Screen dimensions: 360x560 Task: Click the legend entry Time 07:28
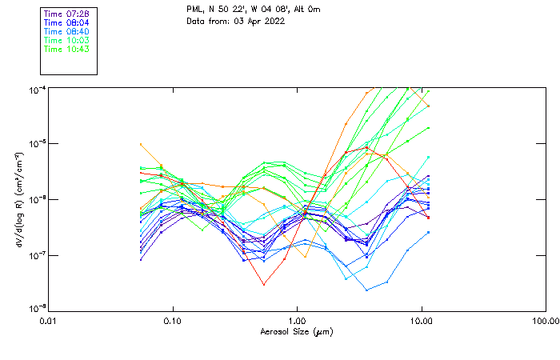coord(66,14)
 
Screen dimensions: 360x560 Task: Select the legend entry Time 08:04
coord(66,22)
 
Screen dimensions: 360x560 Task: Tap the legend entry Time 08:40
coord(66,31)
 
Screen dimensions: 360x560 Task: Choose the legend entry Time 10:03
coord(66,40)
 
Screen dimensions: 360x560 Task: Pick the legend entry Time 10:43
coord(66,49)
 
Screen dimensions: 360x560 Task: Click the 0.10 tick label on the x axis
coord(172,321)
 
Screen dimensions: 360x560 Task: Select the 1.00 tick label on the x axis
coord(297,321)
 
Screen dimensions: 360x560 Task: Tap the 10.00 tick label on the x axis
coord(421,321)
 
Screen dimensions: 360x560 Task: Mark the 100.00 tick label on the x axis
coord(545,321)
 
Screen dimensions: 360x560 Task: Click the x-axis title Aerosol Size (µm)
coord(297,331)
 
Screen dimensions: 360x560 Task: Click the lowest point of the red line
coord(264,284)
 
